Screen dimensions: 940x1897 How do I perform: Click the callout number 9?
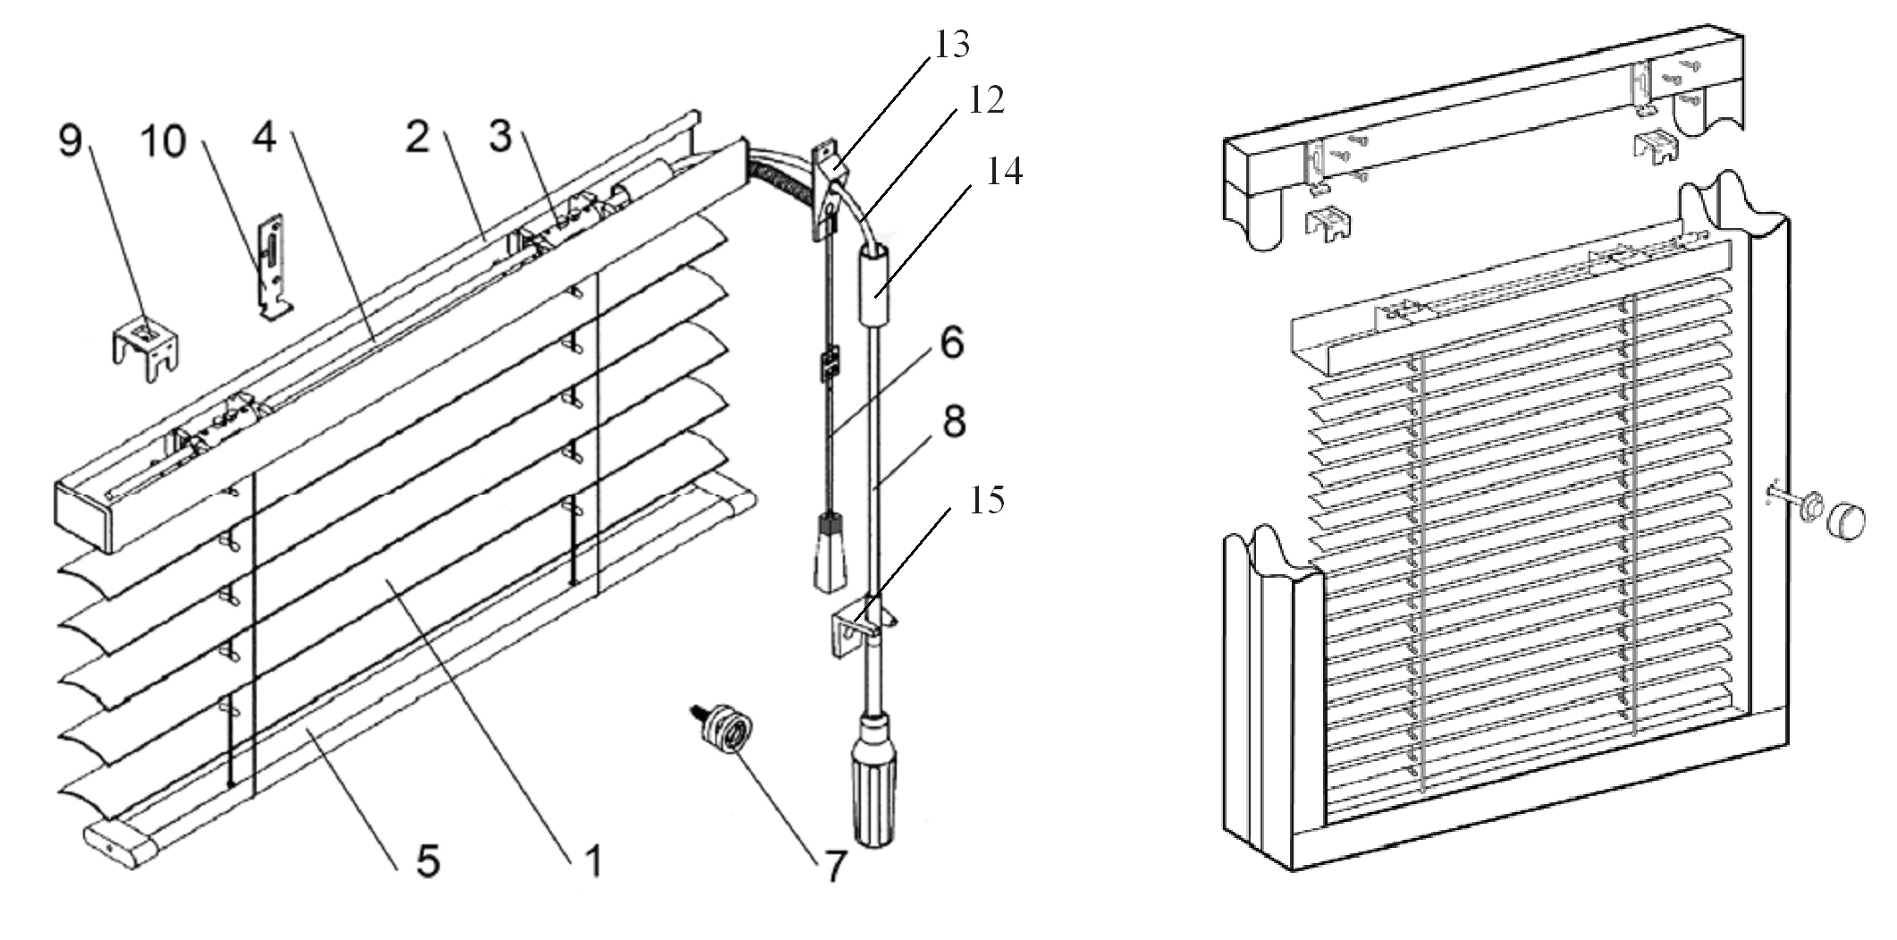(71, 140)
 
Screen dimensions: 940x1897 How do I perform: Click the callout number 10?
(163, 141)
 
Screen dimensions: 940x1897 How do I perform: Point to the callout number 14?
(1004, 172)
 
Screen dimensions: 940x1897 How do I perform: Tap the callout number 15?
(986, 501)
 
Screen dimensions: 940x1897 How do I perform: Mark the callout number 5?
(427, 860)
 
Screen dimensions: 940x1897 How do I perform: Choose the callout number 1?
(593, 860)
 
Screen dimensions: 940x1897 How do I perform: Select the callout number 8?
(954, 420)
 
